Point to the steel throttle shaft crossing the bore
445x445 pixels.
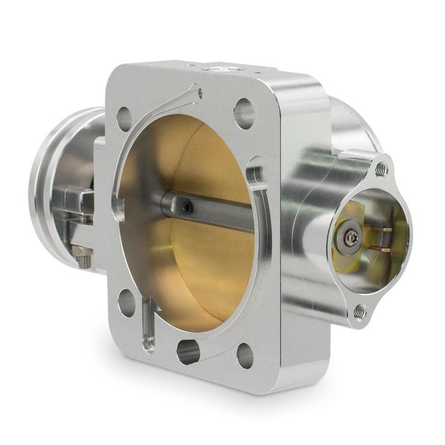tap(222, 217)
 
